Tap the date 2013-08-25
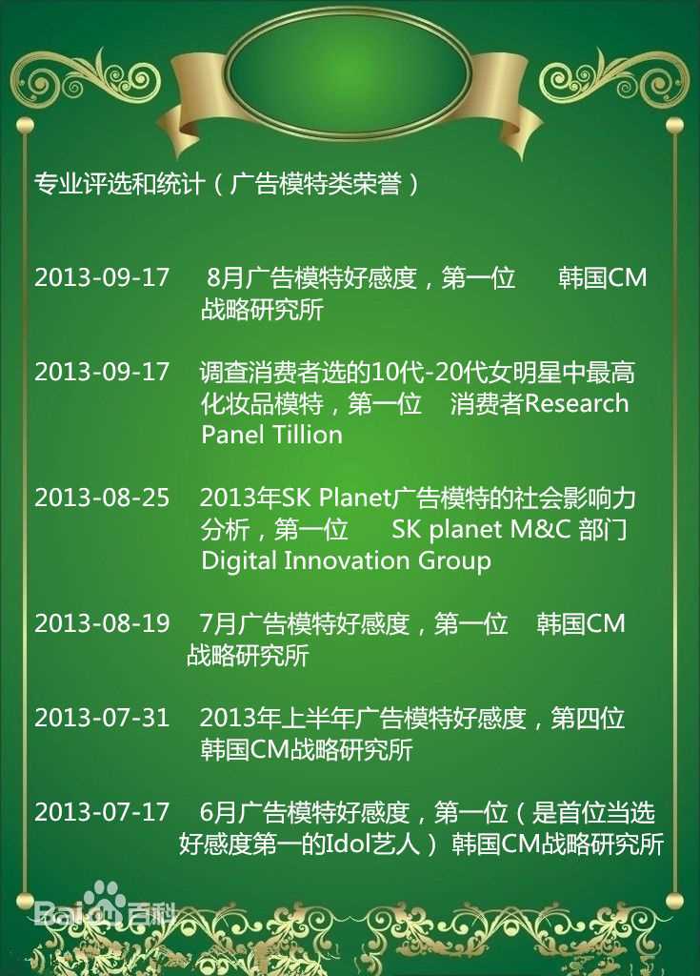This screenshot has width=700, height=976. point(102,498)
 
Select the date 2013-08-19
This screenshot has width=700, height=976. point(102,624)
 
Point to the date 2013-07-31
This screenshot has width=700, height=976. point(102,718)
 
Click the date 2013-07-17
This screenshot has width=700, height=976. point(102,812)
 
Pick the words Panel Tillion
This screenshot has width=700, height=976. point(271,436)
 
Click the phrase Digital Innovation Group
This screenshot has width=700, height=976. point(346,560)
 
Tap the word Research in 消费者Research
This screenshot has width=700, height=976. point(577,403)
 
